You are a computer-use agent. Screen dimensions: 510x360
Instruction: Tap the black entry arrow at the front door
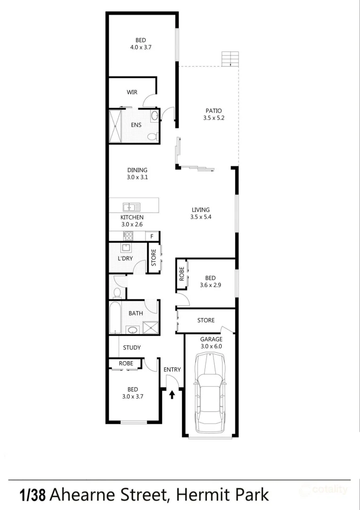coord(172,394)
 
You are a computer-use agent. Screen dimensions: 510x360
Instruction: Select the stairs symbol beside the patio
coord(230,59)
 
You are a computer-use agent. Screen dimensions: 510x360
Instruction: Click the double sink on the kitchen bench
coord(131,207)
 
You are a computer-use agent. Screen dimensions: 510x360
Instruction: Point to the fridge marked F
coord(152,236)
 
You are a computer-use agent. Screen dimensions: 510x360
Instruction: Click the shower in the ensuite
coord(115,126)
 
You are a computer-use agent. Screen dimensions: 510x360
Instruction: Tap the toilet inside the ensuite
coord(152,137)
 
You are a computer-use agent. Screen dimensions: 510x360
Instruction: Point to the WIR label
coord(132,92)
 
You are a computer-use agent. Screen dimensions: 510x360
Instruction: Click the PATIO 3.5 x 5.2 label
coord(214,114)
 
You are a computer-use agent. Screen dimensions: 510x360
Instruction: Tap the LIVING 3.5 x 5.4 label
coord(200,213)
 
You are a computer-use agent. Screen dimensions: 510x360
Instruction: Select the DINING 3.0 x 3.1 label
coord(137,174)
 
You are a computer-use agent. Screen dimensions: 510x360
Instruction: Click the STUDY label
coord(132,348)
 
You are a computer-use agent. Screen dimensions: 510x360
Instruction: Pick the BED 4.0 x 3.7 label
coord(140,44)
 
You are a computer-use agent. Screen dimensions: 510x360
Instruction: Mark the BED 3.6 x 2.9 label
coord(210,281)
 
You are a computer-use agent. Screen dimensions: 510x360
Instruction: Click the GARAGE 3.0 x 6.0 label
coord(211,342)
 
